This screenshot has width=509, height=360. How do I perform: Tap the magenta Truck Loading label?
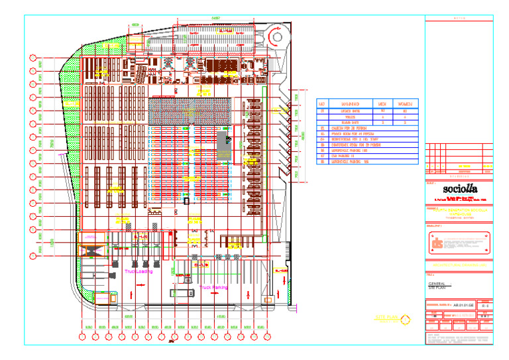pyautogui.click(x=138, y=271)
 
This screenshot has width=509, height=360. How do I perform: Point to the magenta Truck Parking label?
pyautogui.click(x=214, y=288)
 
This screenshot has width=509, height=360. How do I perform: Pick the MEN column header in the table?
pyautogui.click(x=382, y=104)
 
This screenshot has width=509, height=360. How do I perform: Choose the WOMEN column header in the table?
pyautogui.click(x=405, y=104)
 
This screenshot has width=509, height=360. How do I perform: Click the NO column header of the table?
pyautogui.click(x=322, y=104)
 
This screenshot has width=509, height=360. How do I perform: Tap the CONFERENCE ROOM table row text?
pyautogui.click(x=351, y=145)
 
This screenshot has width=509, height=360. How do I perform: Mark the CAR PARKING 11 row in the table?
pyautogui.click(x=345, y=156)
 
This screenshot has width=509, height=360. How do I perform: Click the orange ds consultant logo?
pyautogui.click(x=437, y=243)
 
